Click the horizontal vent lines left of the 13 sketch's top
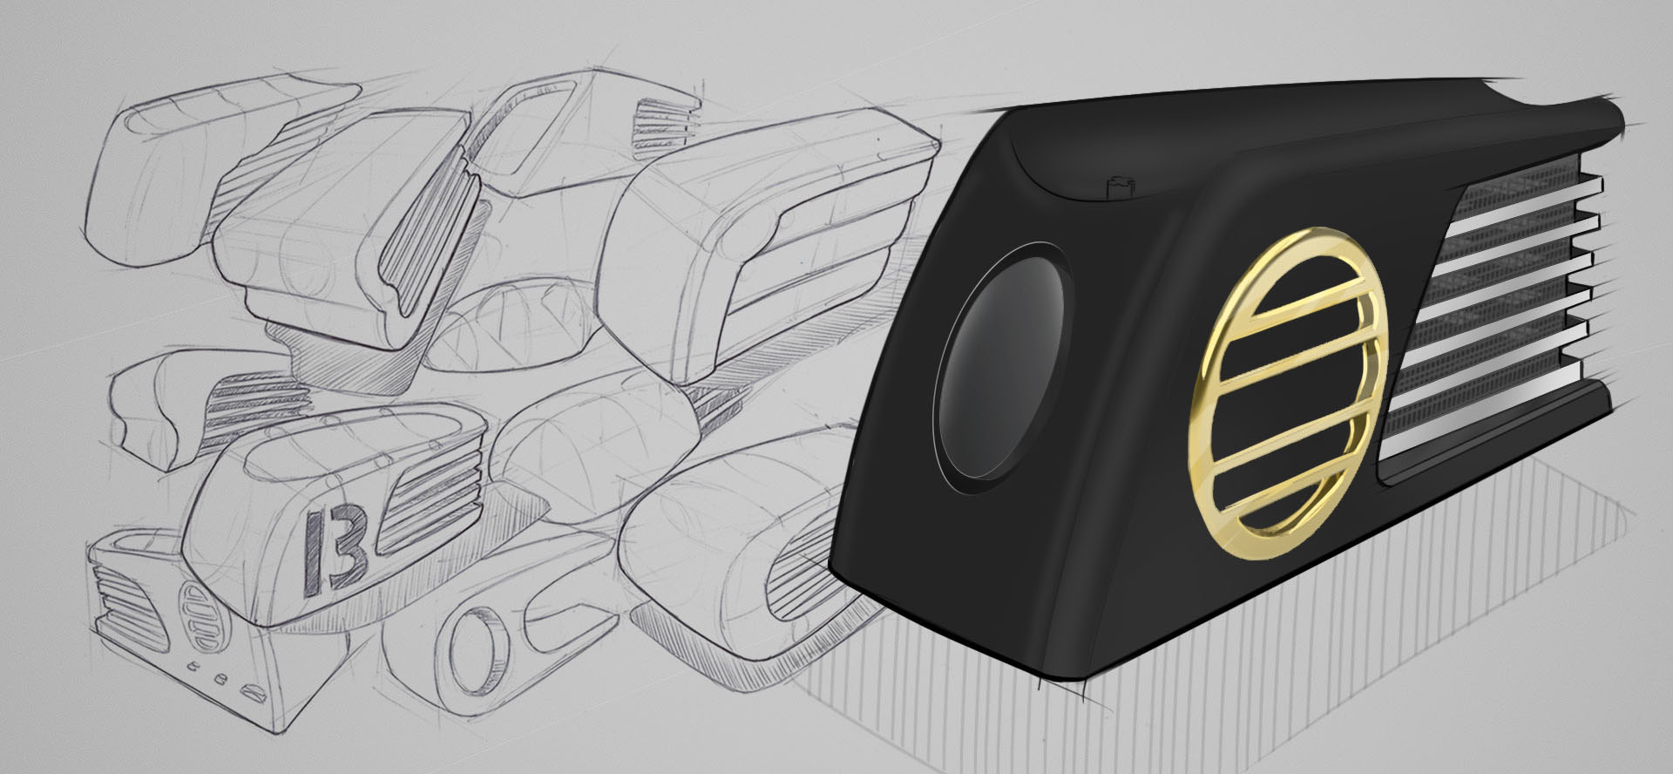click(261, 410)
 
